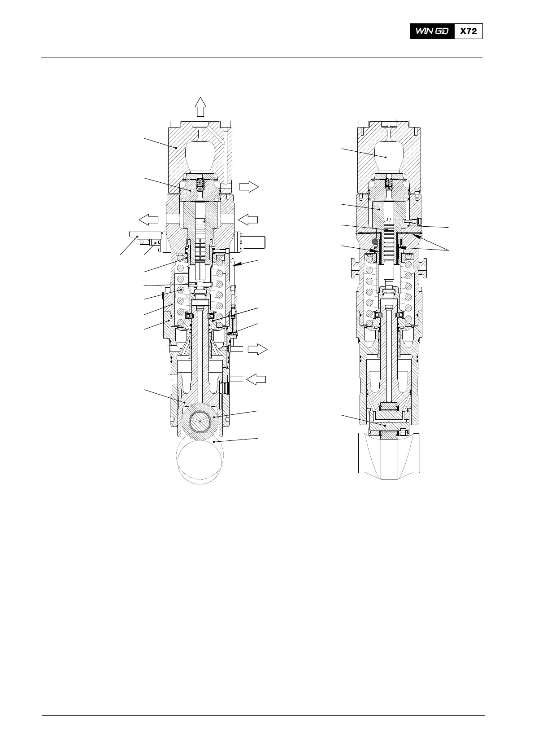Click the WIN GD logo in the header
(x=432, y=31)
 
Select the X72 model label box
(x=468, y=31)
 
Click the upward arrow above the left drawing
(x=200, y=107)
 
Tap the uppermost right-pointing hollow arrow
(x=249, y=187)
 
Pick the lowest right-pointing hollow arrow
(x=257, y=349)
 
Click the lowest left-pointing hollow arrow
(x=256, y=379)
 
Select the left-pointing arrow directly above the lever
(x=148, y=220)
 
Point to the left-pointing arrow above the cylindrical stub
(x=248, y=220)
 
